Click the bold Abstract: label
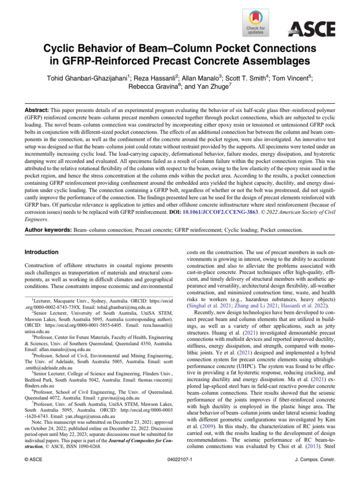tap(39, 107)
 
